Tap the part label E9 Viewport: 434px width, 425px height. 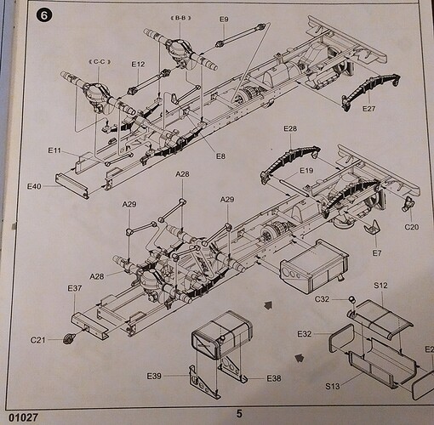224,19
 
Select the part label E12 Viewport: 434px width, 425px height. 138,64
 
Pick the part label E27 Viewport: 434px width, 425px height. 368,109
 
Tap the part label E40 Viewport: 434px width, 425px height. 35,185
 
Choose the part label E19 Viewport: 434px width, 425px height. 307,171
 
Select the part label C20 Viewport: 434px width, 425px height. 412,226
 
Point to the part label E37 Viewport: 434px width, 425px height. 74,288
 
